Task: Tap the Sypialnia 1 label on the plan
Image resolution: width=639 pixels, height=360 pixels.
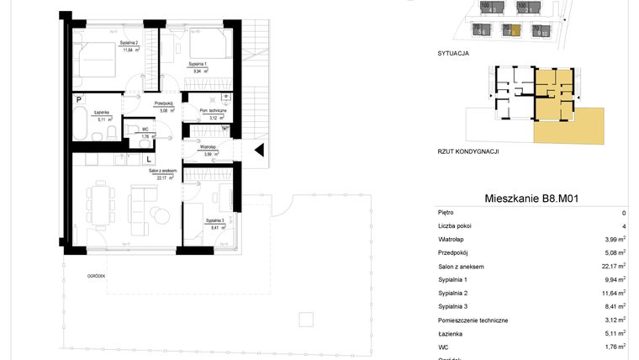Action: pyautogui.click(x=198, y=64)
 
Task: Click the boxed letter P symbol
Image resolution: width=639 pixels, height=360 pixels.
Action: pyautogui.click(x=78, y=99)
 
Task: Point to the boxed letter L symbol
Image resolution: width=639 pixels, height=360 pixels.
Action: pyautogui.click(x=149, y=158)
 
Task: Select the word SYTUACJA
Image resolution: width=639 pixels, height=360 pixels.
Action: pyautogui.click(x=452, y=53)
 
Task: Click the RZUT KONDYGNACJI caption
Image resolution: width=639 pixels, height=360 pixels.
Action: pyautogui.click(x=468, y=151)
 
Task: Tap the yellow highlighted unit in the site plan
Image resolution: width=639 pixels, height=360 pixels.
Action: pyautogui.click(x=508, y=30)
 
